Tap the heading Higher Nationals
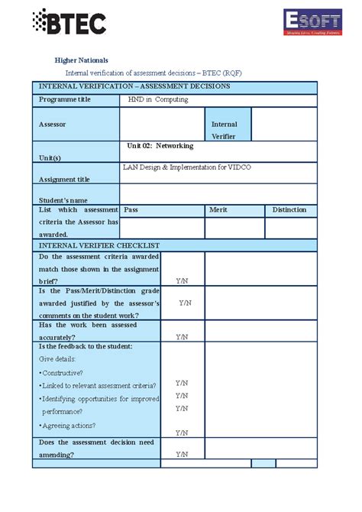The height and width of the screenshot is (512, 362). pos(82,60)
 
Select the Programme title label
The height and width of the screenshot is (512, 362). pos(65,99)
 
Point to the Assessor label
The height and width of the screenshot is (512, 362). pos(53,123)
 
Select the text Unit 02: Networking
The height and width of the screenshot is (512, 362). pos(160,145)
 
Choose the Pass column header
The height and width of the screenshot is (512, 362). pos(131,209)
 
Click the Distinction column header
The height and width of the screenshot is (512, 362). pos(289,209)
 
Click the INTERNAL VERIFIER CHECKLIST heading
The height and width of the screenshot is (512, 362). pos(99,245)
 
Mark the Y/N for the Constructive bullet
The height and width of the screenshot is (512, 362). pos(182,382)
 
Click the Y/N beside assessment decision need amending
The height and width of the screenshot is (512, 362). pos(182,454)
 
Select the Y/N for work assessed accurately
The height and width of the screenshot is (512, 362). pos(182,336)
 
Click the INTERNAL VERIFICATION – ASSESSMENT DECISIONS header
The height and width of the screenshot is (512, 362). pos(134,86)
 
